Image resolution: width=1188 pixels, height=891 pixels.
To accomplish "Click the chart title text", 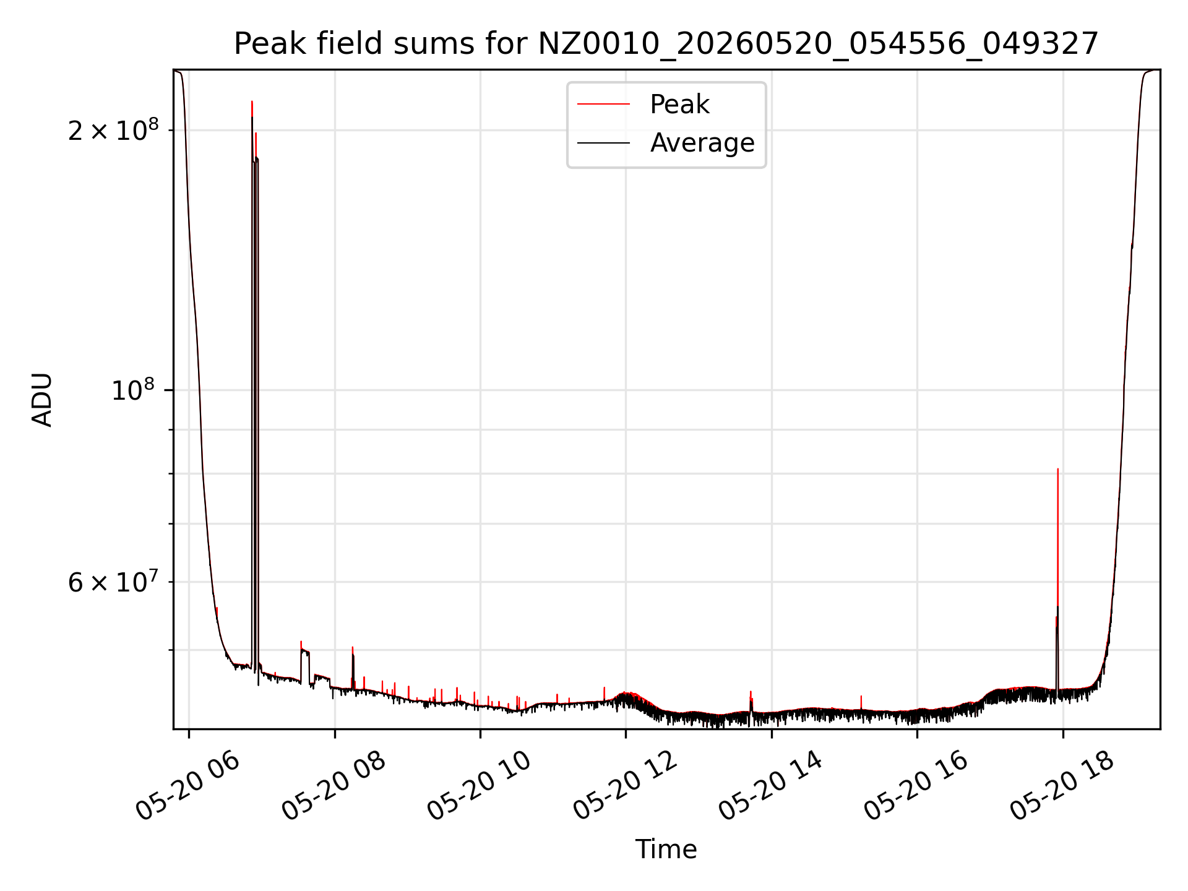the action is pos(666,44).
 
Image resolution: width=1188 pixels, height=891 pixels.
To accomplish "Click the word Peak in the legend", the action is pos(679,104).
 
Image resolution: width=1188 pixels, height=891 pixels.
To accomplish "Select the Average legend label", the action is pos(702,143).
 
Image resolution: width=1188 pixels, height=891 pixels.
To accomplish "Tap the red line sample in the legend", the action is pos(603,105).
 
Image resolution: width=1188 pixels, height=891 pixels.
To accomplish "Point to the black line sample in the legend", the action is pos(603,143).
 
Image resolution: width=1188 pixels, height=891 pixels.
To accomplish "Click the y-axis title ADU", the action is pos(42,400).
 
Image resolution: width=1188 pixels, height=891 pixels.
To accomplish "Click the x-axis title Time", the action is pos(666,850).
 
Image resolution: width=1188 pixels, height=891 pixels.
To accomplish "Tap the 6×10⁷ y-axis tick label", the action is pos(113,582).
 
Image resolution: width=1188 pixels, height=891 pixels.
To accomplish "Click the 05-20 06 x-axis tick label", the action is pos(188,787).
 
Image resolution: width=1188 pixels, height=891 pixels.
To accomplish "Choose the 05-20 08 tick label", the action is pos(334,787).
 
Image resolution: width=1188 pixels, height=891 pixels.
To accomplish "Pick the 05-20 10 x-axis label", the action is pos(480,787).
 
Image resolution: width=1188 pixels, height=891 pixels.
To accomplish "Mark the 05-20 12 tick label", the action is pos(626,787).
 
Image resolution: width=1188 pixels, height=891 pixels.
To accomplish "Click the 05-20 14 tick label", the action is pos(771,787).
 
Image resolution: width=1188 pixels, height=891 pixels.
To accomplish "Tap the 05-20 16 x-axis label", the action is pos(916,787).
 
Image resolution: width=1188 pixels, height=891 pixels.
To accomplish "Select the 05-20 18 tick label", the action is pos(1062,787).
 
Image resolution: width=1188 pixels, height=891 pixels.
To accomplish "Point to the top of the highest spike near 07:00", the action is pos(252,101).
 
